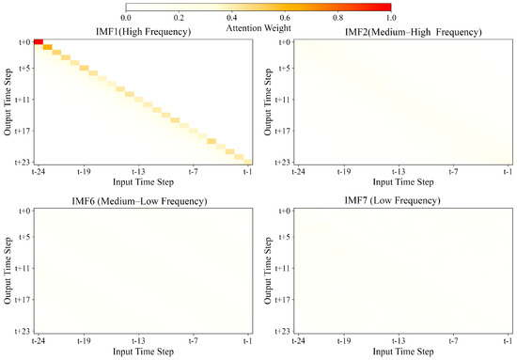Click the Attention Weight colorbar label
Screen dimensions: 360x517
click(258, 26)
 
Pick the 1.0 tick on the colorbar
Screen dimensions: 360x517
click(390, 18)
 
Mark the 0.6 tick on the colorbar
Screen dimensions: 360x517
click(284, 18)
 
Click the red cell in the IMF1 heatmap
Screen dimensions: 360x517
click(38, 41)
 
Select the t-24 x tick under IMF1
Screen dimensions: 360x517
click(36, 171)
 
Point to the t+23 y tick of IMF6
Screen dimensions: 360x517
click(21, 331)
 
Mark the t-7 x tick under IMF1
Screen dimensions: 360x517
click(194, 171)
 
